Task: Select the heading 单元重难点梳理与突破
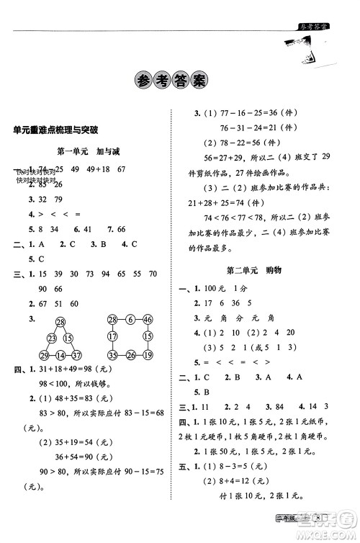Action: coord(55,130)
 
